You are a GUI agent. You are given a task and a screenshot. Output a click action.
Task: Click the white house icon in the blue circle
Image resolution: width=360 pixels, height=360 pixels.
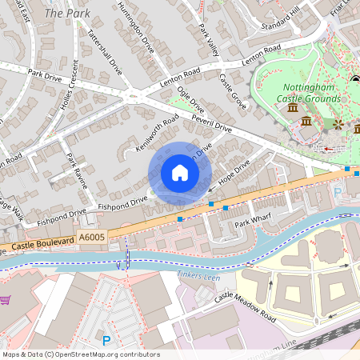180,173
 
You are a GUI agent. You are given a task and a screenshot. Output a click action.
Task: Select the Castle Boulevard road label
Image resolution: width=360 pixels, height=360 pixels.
46,242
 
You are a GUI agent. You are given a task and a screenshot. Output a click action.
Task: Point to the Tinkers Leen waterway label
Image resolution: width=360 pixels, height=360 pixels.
192,276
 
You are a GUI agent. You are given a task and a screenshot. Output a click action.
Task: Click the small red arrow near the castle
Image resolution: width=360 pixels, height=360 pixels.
328,149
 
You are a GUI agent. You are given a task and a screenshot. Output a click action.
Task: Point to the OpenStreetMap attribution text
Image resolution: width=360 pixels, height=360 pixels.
80,354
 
